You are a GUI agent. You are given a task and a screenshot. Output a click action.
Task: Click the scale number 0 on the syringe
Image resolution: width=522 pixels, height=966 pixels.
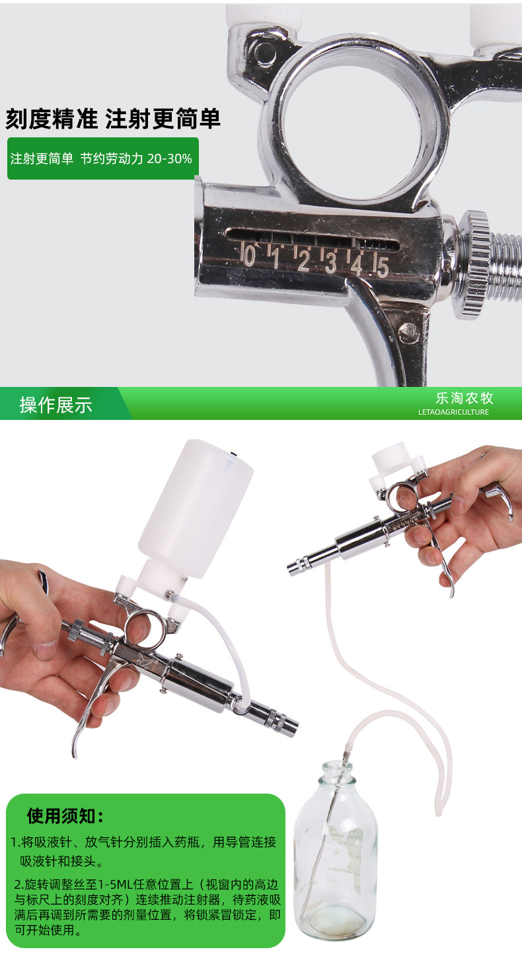[x=248, y=255]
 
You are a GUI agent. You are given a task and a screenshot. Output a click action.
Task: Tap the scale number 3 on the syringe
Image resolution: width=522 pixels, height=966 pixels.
[x=330, y=261]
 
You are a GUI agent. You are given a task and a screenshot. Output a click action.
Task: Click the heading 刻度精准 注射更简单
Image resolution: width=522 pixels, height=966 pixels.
[x=113, y=119]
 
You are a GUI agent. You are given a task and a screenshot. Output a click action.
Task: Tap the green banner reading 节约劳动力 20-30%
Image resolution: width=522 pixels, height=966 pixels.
[x=103, y=158]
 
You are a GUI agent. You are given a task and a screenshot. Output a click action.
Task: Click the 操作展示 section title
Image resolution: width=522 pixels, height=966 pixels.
[x=56, y=405]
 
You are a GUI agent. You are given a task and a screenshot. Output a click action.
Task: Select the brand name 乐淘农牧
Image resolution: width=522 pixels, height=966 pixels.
[x=465, y=398]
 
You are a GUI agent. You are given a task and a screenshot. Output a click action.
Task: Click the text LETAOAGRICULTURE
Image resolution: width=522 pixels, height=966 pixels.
[x=453, y=412]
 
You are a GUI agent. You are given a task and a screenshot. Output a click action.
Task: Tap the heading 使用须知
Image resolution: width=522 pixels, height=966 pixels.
[x=65, y=815]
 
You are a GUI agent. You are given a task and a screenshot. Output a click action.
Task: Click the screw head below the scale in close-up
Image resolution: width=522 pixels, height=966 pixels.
[x=408, y=333]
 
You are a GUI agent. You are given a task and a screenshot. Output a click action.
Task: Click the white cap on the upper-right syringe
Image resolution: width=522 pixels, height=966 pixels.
[x=391, y=456]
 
